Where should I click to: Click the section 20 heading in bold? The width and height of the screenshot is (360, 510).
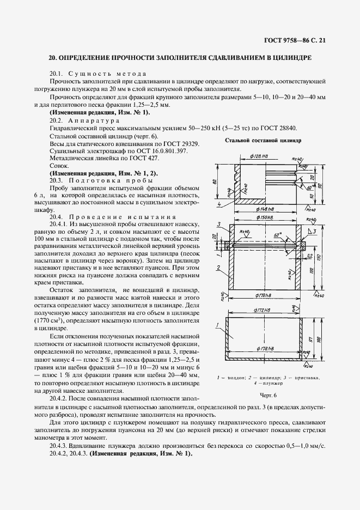[x=180, y=57]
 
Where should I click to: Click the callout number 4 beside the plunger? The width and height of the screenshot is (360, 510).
[x=218, y=205]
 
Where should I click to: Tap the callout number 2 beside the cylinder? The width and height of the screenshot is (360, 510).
[x=218, y=268]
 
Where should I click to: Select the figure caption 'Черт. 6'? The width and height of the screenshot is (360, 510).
[x=269, y=395]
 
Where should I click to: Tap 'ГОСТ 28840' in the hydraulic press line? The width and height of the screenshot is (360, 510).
[x=278, y=127]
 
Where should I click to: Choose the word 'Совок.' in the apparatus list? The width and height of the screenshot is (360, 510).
[x=59, y=165]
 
